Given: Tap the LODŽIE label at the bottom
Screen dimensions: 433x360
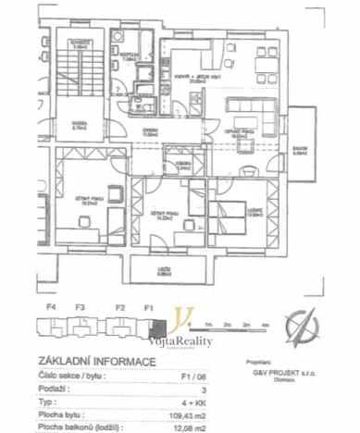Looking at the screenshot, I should click(x=166, y=272).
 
